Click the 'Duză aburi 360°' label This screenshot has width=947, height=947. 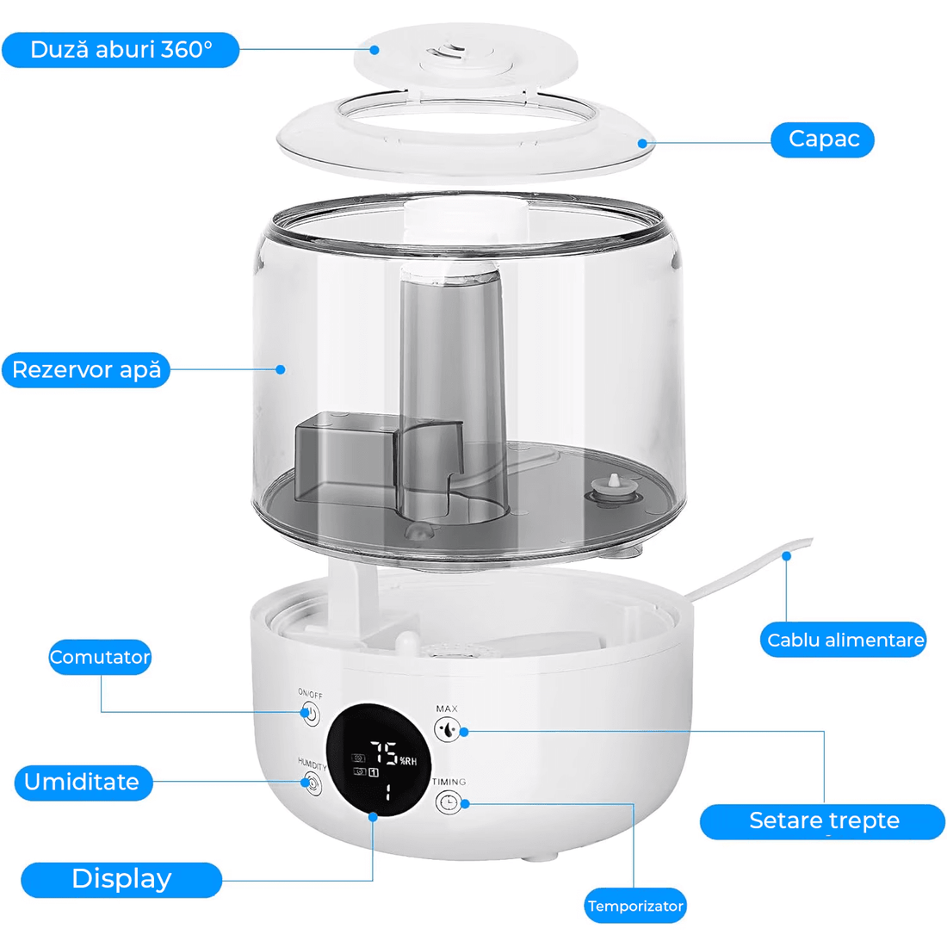121,50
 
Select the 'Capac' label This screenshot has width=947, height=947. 822,139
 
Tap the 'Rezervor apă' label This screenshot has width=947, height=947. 86,370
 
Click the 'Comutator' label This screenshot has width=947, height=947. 100,657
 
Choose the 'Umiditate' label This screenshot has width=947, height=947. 83,783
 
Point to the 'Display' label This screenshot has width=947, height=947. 121,879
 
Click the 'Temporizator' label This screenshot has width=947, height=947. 635,906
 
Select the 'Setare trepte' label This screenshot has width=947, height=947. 823,821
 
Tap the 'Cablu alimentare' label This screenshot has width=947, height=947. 844,640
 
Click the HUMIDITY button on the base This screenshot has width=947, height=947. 311,783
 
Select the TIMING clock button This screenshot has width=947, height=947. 447,802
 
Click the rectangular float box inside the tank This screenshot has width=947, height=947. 344,456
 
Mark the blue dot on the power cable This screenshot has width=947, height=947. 786,556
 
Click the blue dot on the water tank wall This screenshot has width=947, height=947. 281,369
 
